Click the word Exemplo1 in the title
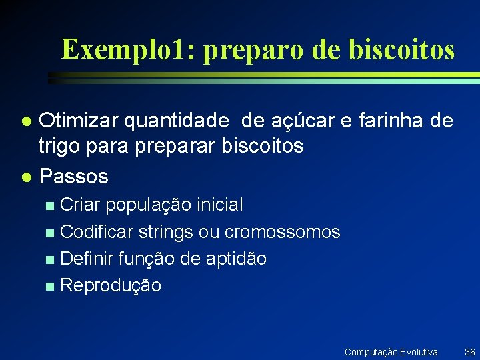coord(125,49)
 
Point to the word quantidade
coord(180,121)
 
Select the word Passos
coord(73,177)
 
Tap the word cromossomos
coord(283,232)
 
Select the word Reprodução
coord(111,286)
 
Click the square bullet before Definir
coord(50,259)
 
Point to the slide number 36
coord(469,351)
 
